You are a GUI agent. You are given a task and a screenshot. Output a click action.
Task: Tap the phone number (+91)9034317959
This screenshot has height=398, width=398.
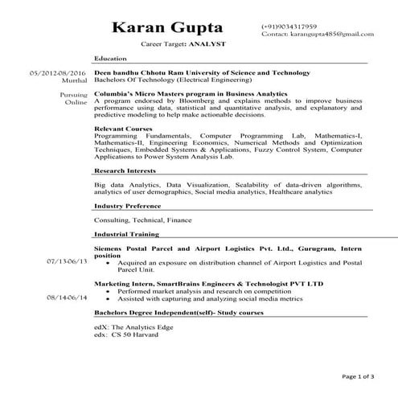coord(289,27)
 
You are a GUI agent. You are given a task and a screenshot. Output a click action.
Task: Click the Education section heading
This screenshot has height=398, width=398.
coord(109,59)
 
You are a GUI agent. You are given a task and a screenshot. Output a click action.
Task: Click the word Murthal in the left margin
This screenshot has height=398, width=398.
coord(73,81)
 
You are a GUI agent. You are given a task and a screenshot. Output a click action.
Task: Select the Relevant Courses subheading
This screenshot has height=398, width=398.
coord(122,129)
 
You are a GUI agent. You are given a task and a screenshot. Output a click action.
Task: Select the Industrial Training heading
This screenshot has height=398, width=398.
coord(126,234)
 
